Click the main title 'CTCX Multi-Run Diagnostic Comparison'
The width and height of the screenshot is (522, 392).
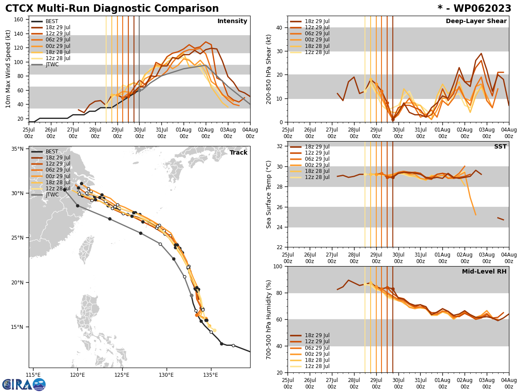pyautogui.click(x=112, y=9)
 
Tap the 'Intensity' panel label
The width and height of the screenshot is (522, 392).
pyautogui.click(x=232, y=21)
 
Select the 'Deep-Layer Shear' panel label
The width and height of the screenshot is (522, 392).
pyautogui.click(x=476, y=21)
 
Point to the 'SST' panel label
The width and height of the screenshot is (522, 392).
pyautogui.click(x=500, y=147)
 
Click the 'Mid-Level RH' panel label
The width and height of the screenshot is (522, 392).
pyautogui.click(x=484, y=272)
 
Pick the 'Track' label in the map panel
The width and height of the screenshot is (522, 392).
pyautogui.click(x=238, y=153)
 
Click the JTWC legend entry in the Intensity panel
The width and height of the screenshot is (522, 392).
pyautogui.click(x=52, y=64)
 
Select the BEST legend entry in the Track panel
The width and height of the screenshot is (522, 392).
pyautogui.click(x=52, y=152)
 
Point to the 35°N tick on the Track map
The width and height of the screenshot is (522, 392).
pyautogui.click(x=17, y=149)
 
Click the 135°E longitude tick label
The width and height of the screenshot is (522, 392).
pyautogui.click(x=211, y=375)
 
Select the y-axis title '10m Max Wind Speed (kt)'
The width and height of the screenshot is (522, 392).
pyautogui.click(x=8, y=69)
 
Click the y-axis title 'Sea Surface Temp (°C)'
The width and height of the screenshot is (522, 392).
pyautogui.click(x=269, y=194)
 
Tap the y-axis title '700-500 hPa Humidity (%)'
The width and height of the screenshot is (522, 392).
pyautogui.click(x=269, y=319)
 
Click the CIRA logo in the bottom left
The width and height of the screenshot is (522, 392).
pyautogui.click(x=24, y=385)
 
